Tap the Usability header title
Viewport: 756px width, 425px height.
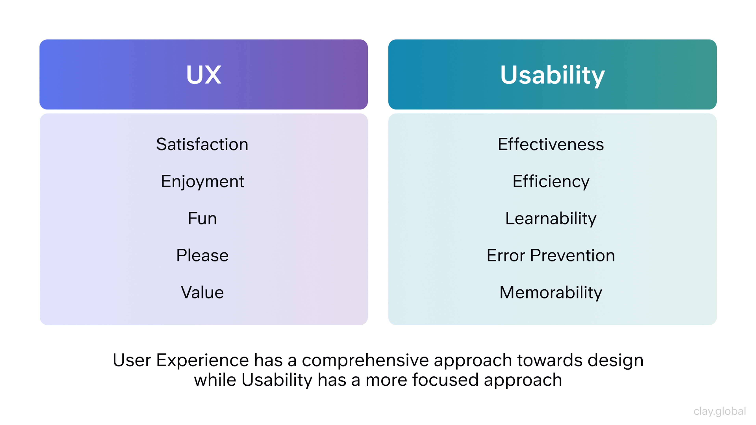[x=552, y=75]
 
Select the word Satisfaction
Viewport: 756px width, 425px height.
[x=202, y=144]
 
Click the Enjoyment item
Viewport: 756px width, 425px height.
[x=203, y=181]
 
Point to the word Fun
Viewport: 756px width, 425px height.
[x=202, y=219]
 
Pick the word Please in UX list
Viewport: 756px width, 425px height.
[x=202, y=255]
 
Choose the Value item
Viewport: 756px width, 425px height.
[x=202, y=292]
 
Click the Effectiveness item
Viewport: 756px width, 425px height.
[x=551, y=144]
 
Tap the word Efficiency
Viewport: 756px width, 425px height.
[x=551, y=181]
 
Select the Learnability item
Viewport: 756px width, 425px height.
[x=551, y=219]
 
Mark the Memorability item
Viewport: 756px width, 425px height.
[x=551, y=292]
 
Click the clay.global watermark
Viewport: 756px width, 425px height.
[x=719, y=411]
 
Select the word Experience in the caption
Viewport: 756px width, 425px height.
[x=203, y=360]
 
